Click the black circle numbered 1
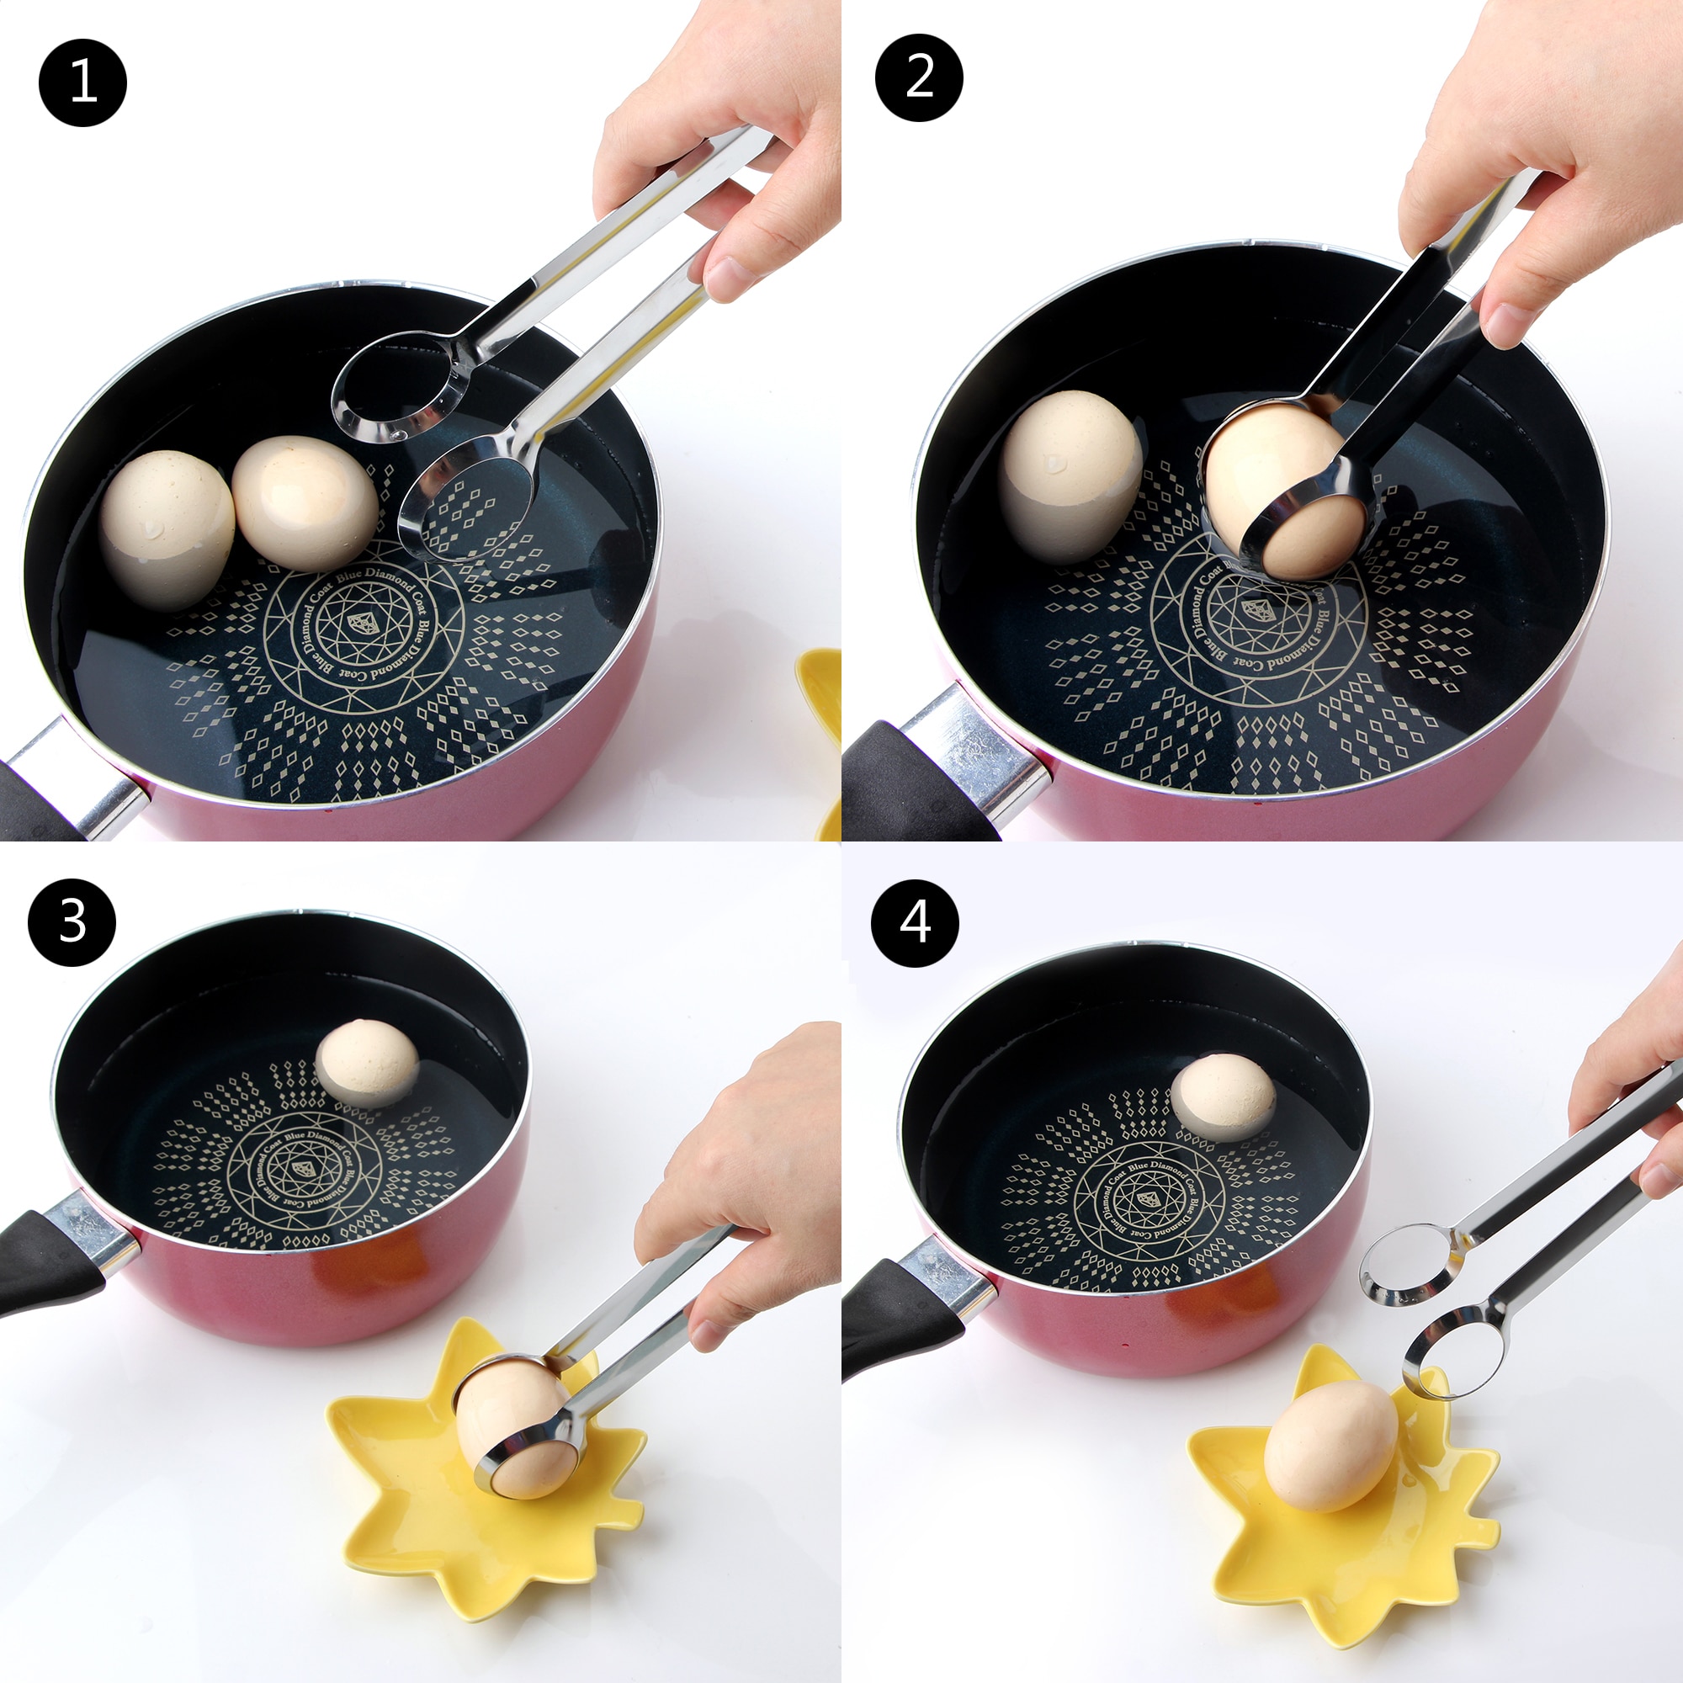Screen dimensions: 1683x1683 (x=82, y=83)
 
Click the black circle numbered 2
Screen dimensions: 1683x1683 (x=919, y=77)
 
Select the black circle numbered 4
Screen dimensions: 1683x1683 (x=915, y=922)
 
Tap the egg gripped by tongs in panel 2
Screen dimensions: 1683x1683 (x=1281, y=496)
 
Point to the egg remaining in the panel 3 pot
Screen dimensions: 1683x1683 (x=367, y=1064)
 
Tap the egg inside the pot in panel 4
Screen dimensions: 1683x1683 (x=1223, y=1097)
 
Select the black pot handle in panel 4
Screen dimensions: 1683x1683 (x=897, y=1328)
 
